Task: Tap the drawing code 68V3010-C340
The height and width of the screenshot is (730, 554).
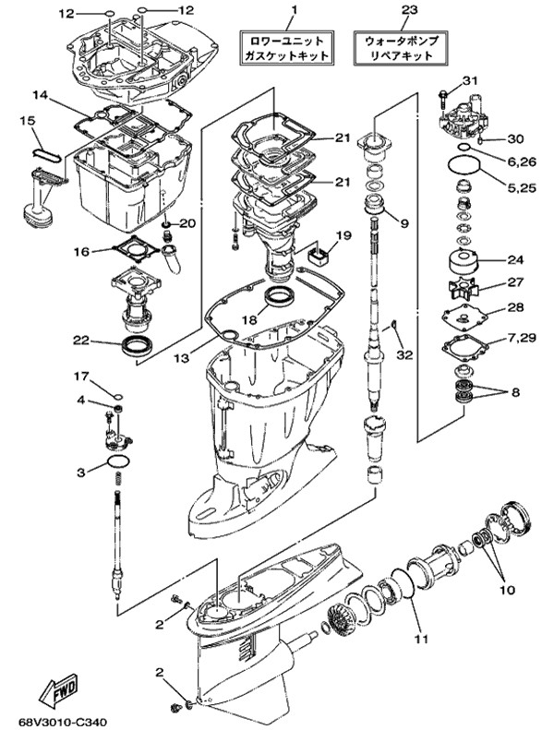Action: pos(63,722)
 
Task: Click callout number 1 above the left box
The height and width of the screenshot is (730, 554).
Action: pos(295,9)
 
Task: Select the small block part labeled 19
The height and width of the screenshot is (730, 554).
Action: pos(319,256)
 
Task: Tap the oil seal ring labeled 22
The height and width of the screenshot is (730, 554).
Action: pos(136,345)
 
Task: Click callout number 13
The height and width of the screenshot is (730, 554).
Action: pos(182,357)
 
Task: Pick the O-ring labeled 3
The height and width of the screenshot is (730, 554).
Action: pos(117,461)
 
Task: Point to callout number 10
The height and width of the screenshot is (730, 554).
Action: pos(508,591)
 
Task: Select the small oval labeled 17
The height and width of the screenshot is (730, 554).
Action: pos(118,397)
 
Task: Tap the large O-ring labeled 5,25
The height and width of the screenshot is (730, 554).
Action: pos(464,167)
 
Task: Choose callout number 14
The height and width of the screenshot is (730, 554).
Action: pos(41,95)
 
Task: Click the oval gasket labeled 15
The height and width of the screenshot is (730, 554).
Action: pos(45,154)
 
